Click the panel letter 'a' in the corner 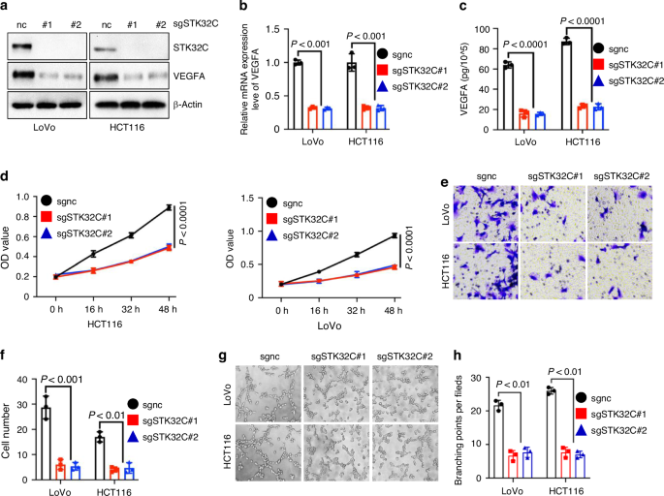coord(7,8)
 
